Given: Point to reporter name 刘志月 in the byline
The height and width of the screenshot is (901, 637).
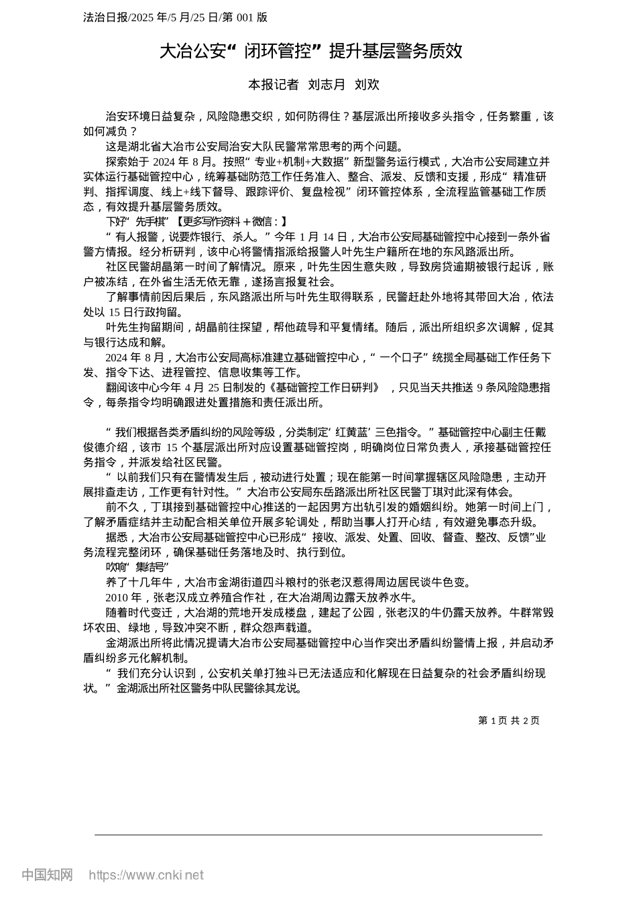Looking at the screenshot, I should coord(327,84).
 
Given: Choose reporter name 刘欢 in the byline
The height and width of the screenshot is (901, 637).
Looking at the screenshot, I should coord(367,84).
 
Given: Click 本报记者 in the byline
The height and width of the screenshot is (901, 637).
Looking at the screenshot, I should coord(273,84).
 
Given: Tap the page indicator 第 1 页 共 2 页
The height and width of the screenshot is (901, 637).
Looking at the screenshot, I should coord(508,721).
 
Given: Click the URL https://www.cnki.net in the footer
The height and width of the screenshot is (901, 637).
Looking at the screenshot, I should coord(146,875).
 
